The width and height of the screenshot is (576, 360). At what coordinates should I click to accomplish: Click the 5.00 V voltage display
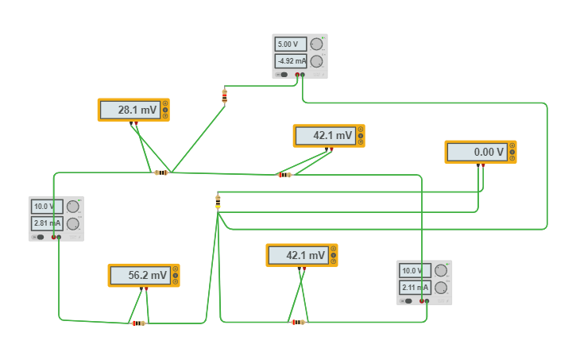click(x=291, y=45)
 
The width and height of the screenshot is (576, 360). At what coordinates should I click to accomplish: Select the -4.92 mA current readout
click(x=291, y=61)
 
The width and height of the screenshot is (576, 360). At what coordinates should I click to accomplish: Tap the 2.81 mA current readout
click(x=47, y=223)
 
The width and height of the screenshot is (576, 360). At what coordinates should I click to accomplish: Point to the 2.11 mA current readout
click(x=415, y=288)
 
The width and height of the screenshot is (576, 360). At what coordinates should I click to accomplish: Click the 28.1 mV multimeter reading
click(x=130, y=110)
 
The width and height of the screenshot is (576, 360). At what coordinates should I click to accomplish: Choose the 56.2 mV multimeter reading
click(x=141, y=276)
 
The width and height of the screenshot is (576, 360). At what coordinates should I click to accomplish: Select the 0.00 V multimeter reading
click(x=477, y=152)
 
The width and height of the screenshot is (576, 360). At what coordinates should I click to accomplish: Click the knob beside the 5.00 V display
click(x=316, y=44)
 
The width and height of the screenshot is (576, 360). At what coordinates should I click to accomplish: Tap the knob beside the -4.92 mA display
click(x=316, y=61)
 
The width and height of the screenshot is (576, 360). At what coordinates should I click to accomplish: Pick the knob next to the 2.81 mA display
click(x=73, y=223)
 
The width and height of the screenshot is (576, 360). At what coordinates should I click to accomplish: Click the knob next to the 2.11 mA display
click(x=441, y=288)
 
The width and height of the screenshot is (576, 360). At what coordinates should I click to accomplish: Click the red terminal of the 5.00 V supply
click(x=297, y=75)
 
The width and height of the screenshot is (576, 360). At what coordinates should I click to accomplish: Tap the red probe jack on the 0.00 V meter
click(x=483, y=165)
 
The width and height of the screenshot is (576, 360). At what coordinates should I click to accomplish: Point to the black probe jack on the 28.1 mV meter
click(x=131, y=123)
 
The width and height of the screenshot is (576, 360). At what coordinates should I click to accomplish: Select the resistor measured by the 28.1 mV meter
click(x=161, y=172)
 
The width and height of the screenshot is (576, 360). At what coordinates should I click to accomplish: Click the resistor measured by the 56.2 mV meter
click(x=138, y=323)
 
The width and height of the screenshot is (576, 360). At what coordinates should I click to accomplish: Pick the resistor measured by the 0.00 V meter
click(x=218, y=202)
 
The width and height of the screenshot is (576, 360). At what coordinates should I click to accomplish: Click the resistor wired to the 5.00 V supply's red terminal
click(x=225, y=96)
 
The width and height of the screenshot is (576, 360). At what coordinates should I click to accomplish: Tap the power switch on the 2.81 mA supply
click(x=39, y=238)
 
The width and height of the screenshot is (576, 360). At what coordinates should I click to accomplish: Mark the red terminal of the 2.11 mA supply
click(x=422, y=301)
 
